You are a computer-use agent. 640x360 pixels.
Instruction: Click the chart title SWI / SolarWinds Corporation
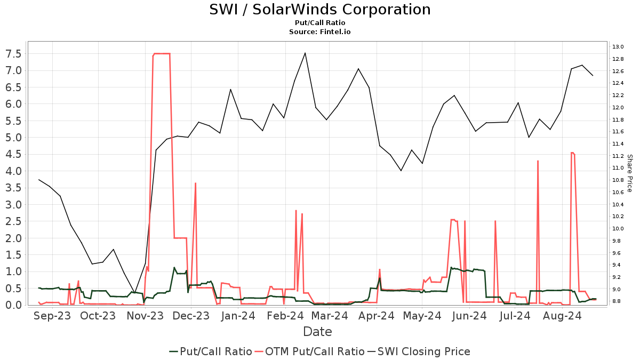click(320, 10)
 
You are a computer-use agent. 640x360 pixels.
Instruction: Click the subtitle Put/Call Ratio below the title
click(320, 23)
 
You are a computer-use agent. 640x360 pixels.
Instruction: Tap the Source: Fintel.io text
click(320, 32)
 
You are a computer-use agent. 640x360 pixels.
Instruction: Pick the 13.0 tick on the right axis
click(618, 47)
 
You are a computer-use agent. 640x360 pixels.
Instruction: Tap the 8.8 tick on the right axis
click(618, 301)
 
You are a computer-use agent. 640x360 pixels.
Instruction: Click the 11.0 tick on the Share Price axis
click(618, 168)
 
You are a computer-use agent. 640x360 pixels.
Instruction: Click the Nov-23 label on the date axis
click(145, 316)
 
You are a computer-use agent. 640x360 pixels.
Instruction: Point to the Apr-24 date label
click(376, 316)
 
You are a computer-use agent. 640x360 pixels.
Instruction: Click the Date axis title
click(317, 332)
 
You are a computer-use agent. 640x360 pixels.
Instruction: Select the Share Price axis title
click(629, 173)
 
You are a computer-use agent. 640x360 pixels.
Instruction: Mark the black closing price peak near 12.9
click(305, 53)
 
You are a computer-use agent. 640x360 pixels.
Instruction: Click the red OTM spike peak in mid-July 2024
click(538, 161)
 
